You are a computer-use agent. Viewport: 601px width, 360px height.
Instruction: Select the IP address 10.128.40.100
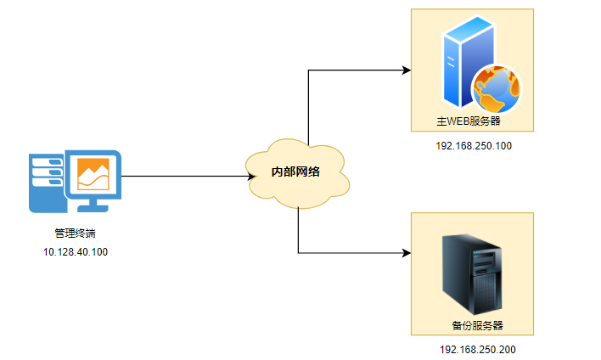click(76, 252)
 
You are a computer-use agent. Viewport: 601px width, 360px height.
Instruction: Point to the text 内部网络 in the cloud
click(295, 172)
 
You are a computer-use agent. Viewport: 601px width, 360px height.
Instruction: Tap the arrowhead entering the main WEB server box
click(406, 70)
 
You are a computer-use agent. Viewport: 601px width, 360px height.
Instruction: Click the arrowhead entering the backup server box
click(406, 252)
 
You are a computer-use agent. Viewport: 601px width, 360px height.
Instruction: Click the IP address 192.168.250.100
click(473, 146)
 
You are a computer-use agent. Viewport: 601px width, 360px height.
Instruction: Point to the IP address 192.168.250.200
click(477, 349)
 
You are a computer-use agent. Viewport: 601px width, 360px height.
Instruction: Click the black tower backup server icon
click(473, 273)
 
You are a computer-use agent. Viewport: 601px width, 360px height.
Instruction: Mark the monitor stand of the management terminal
click(93, 205)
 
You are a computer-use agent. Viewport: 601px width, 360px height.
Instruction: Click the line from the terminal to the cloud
click(183, 177)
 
